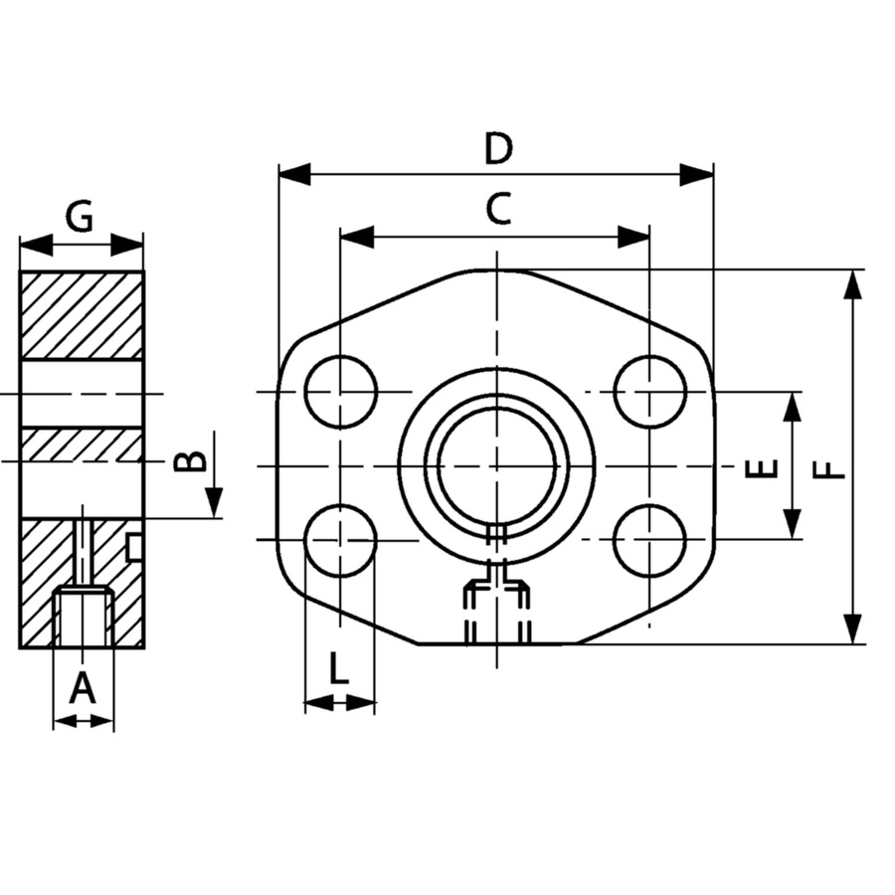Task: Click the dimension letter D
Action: [x=498, y=148]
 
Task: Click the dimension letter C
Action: [x=498, y=209]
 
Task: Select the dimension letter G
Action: [x=79, y=217]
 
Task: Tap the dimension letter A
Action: [x=83, y=688]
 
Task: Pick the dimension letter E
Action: [x=762, y=468]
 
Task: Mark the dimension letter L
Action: [x=339, y=668]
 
